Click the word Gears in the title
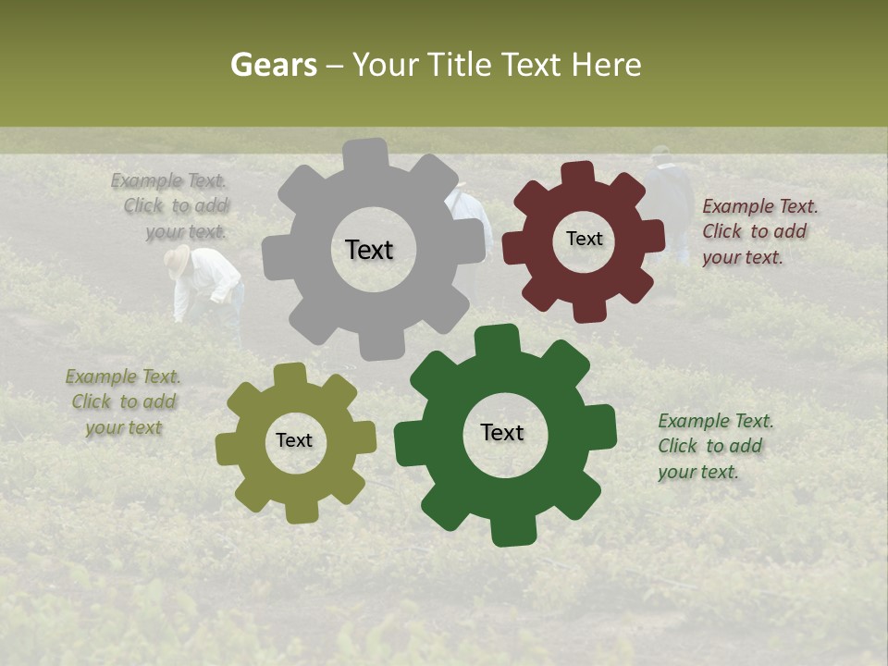click(273, 65)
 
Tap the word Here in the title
click(605, 65)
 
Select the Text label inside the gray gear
click(369, 250)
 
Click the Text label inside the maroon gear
click(584, 239)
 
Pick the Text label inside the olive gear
click(294, 440)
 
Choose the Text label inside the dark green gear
click(502, 432)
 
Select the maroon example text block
click(758, 231)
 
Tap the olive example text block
click(124, 402)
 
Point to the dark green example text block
click(715, 446)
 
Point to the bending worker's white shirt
click(209, 277)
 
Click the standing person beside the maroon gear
click(669, 199)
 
